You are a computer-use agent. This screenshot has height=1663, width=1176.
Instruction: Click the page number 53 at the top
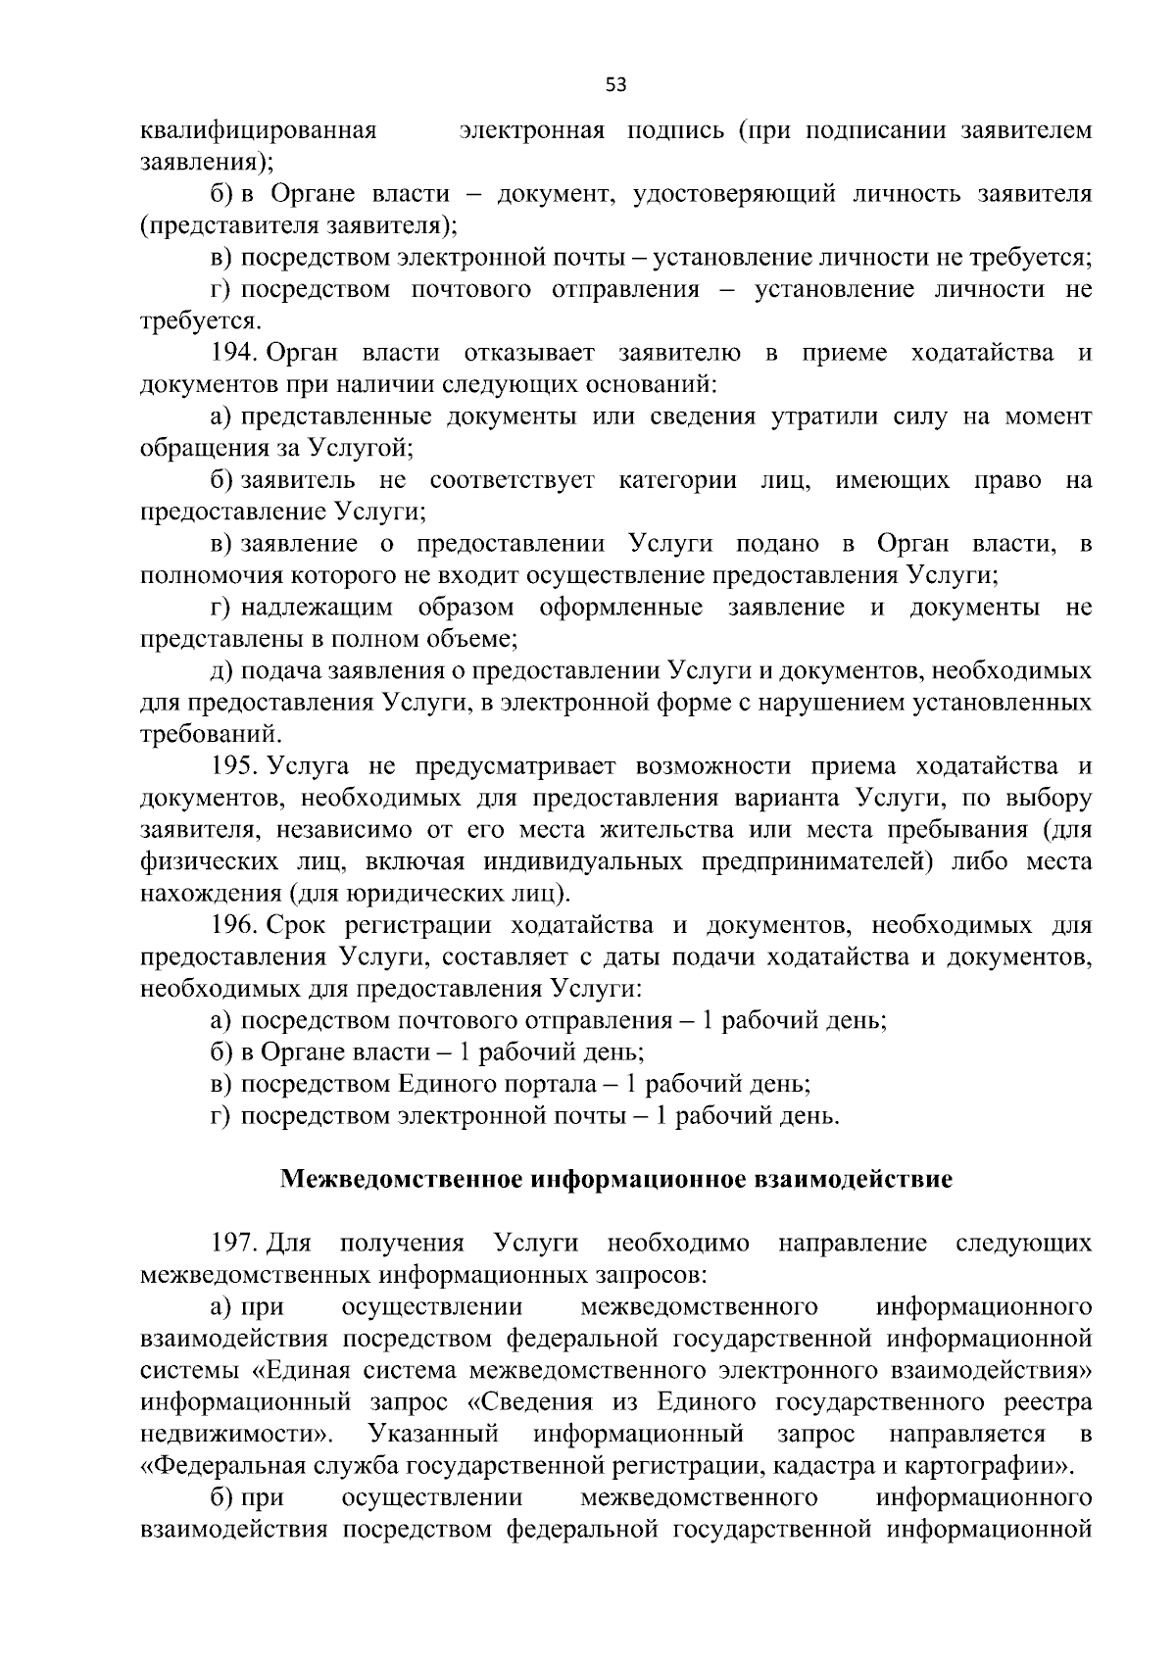pyautogui.click(x=615, y=85)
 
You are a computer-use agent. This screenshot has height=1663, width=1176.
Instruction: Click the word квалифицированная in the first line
pyautogui.click(x=260, y=130)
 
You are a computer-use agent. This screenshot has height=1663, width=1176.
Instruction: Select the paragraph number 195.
pyautogui.click(x=234, y=766)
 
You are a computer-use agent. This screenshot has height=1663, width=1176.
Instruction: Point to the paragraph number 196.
pyautogui.click(x=234, y=925)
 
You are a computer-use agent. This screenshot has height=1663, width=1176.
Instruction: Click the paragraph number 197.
pyautogui.click(x=234, y=1244)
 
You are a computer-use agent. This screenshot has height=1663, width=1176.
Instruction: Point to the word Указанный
pyautogui.click(x=434, y=1435)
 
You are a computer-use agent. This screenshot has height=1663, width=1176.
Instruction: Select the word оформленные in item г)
pyautogui.click(x=621, y=608)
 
